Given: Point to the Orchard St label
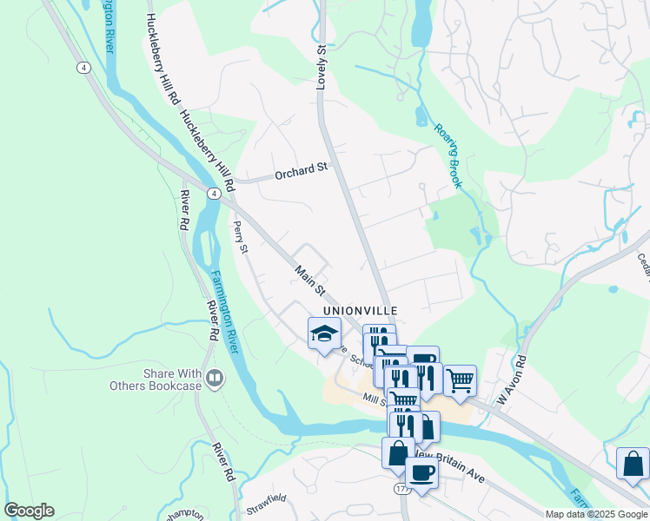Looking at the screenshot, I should click(301, 172).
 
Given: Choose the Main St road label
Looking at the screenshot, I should click(308, 280).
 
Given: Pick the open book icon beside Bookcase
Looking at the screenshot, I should click(216, 378).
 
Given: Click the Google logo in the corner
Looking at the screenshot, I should click(29, 511).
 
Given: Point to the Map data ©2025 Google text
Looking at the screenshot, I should click(596, 514).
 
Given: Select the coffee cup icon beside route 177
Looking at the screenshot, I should click(422, 473).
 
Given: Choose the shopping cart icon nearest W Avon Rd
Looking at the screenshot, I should click(460, 379).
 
